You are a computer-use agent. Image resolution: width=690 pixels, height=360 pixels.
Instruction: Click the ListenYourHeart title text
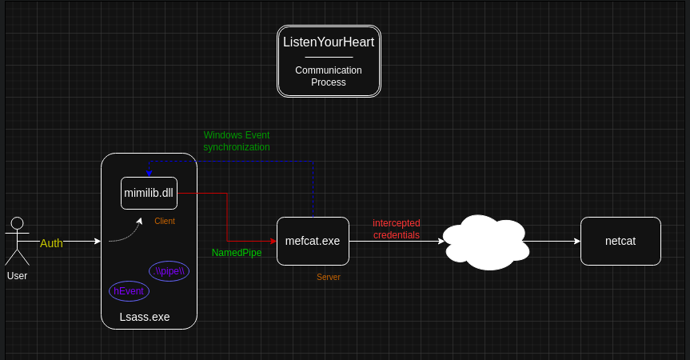pos(329,42)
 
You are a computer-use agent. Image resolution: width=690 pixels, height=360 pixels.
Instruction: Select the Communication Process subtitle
pos(329,76)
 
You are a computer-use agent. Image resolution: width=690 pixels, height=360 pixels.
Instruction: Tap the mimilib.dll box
pos(149,193)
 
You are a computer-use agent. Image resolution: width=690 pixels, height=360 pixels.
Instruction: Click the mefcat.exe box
pos(313,241)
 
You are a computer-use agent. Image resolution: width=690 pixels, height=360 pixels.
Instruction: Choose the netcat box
pos(620,241)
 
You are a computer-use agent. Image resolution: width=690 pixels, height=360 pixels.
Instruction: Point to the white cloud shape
pos(485,242)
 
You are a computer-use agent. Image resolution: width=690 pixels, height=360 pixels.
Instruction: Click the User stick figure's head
pos(17,223)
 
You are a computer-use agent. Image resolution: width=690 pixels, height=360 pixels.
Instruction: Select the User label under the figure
pos(17,276)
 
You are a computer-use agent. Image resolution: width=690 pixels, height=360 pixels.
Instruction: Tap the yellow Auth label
pos(51,243)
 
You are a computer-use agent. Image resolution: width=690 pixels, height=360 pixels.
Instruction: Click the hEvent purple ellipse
pos(129,291)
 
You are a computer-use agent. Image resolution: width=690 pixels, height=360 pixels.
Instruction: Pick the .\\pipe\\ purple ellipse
pos(169,271)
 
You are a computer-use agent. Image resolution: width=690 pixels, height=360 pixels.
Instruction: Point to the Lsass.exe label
pos(145,317)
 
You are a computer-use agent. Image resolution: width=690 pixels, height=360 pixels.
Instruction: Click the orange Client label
pos(165,221)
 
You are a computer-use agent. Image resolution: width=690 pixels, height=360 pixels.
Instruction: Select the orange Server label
pos(329,277)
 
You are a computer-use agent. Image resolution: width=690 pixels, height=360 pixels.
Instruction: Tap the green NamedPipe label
pos(237,253)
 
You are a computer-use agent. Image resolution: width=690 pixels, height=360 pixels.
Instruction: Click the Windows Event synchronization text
pos(237,142)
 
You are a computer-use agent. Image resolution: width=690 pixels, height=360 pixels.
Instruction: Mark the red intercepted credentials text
pos(397,229)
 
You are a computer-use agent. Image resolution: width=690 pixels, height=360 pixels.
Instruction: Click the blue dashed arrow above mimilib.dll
pos(149,169)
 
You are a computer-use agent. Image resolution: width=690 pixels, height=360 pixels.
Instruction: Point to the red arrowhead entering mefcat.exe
pos(273,241)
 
